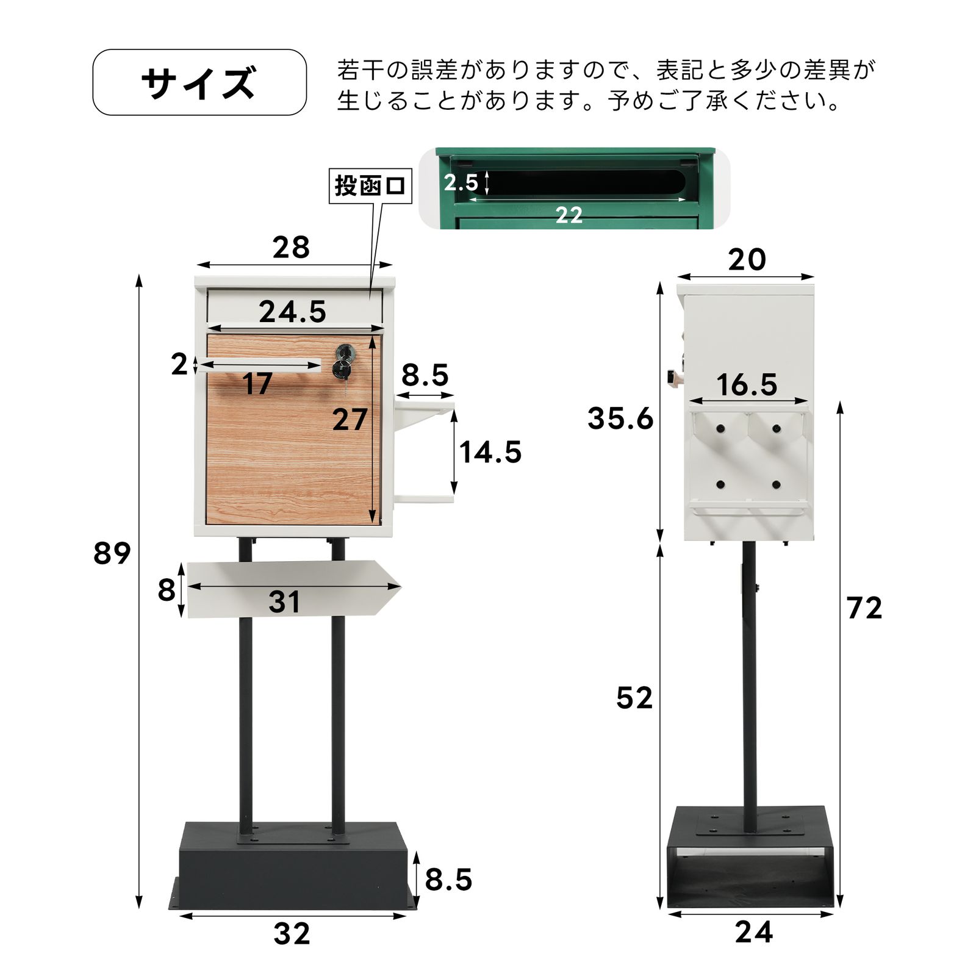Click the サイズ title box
[x=199, y=82]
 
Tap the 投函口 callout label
[x=370, y=185]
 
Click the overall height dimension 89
[x=112, y=553]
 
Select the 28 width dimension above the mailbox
[x=291, y=248]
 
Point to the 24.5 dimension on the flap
[x=292, y=312]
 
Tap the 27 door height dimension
[x=350, y=420]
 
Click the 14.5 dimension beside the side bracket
[x=490, y=453]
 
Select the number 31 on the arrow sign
[x=284, y=602]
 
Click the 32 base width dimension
[x=292, y=934]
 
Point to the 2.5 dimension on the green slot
[x=461, y=182]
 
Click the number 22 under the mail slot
[x=569, y=215]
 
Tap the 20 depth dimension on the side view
[x=747, y=260]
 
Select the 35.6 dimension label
[x=620, y=418]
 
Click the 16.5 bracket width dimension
[x=747, y=385]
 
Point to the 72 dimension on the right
[x=864, y=608]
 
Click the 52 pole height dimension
[x=634, y=698]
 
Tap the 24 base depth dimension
[x=753, y=933]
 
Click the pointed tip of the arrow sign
[x=399, y=587]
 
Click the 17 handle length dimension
[x=257, y=384]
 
